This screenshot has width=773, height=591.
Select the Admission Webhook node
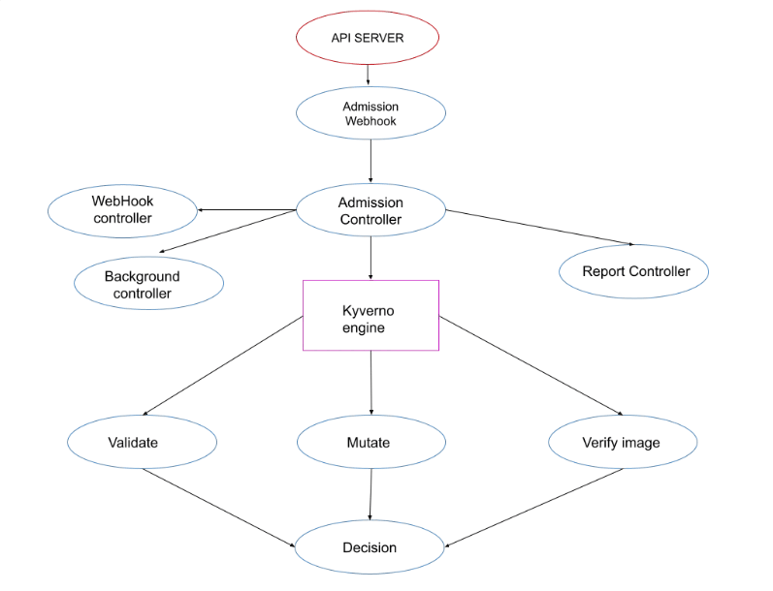click(370, 113)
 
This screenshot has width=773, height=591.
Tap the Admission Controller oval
click(370, 210)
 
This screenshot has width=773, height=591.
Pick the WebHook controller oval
click(122, 210)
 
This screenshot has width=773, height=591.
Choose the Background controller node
click(149, 283)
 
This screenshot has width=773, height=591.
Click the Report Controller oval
click(635, 271)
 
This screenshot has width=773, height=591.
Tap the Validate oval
click(142, 443)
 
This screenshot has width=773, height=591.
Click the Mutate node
click(370, 443)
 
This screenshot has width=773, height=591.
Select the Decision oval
click(370, 547)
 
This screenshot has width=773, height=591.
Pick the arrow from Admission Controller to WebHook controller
click(247, 209)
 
